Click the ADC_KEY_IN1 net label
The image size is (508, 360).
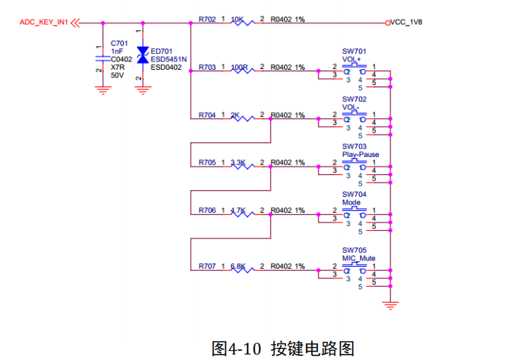[44, 22]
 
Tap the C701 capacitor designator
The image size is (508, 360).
[120, 43]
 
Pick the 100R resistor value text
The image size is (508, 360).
[239, 68]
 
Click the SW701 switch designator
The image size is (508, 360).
[354, 52]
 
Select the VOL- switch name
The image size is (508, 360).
[350, 107]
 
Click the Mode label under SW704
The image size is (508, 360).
[351, 202]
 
